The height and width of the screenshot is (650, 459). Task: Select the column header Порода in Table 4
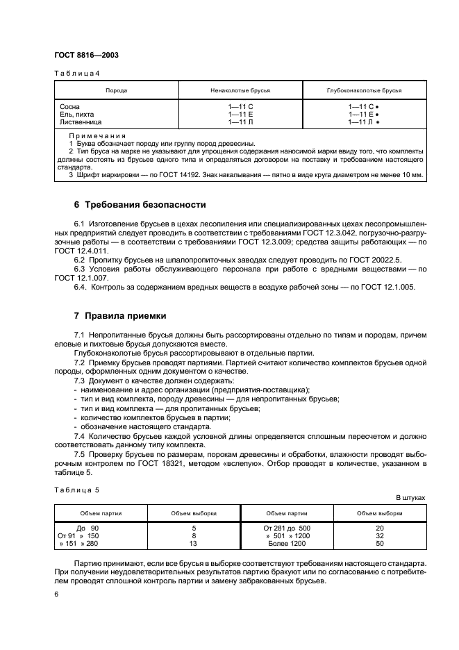click(116, 90)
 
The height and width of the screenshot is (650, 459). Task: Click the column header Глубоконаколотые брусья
click(364, 90)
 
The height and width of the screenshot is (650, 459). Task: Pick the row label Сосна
click(70, 106)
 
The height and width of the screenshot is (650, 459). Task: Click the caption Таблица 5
click(76, 490)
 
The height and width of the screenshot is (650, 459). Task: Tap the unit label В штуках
click(410, 498)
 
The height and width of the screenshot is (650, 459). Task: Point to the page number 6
click(56, 594)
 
